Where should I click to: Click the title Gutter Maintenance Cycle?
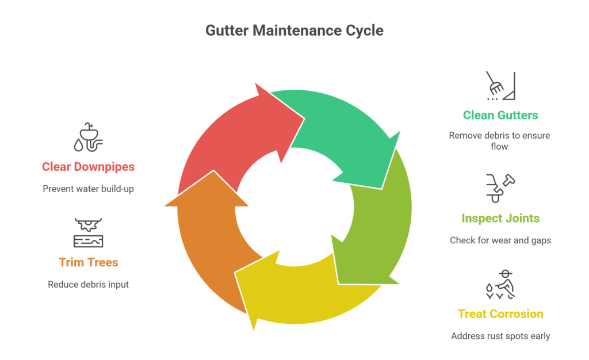point(294,30)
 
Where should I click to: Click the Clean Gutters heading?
point(500,115)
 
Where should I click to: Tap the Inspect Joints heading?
point(500,219)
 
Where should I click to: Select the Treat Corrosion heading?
point(500,314)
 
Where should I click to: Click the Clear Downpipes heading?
point(88,167)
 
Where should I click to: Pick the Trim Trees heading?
point(88,262)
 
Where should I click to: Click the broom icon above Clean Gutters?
point(500,86)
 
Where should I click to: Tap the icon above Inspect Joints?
point(500,188)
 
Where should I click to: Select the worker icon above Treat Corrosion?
point(500,285)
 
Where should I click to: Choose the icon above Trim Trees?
point(88,233)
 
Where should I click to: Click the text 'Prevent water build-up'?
point(88,189)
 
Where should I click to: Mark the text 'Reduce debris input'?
point(88,284)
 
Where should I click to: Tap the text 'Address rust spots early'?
point(500,336)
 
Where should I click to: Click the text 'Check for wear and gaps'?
point(500,240)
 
